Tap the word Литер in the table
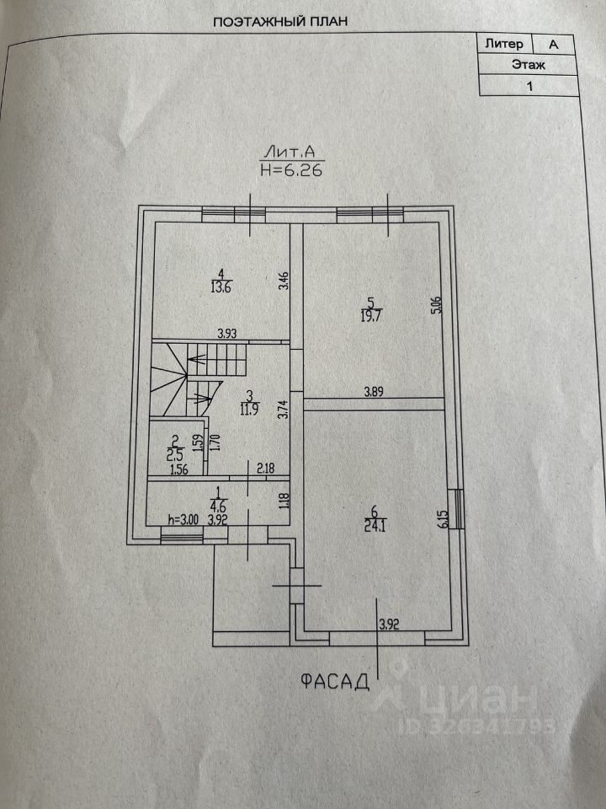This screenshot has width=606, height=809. point(504,43)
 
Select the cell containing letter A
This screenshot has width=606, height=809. point(553,43)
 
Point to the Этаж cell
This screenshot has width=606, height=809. point(529,63)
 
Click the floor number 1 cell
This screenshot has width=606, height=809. point(529,84)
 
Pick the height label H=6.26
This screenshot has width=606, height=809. point(292,169)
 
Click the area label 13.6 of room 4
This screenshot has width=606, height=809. point(221,285)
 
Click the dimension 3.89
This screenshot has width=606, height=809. point(376,391)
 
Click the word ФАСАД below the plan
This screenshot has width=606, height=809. point(335,681)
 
